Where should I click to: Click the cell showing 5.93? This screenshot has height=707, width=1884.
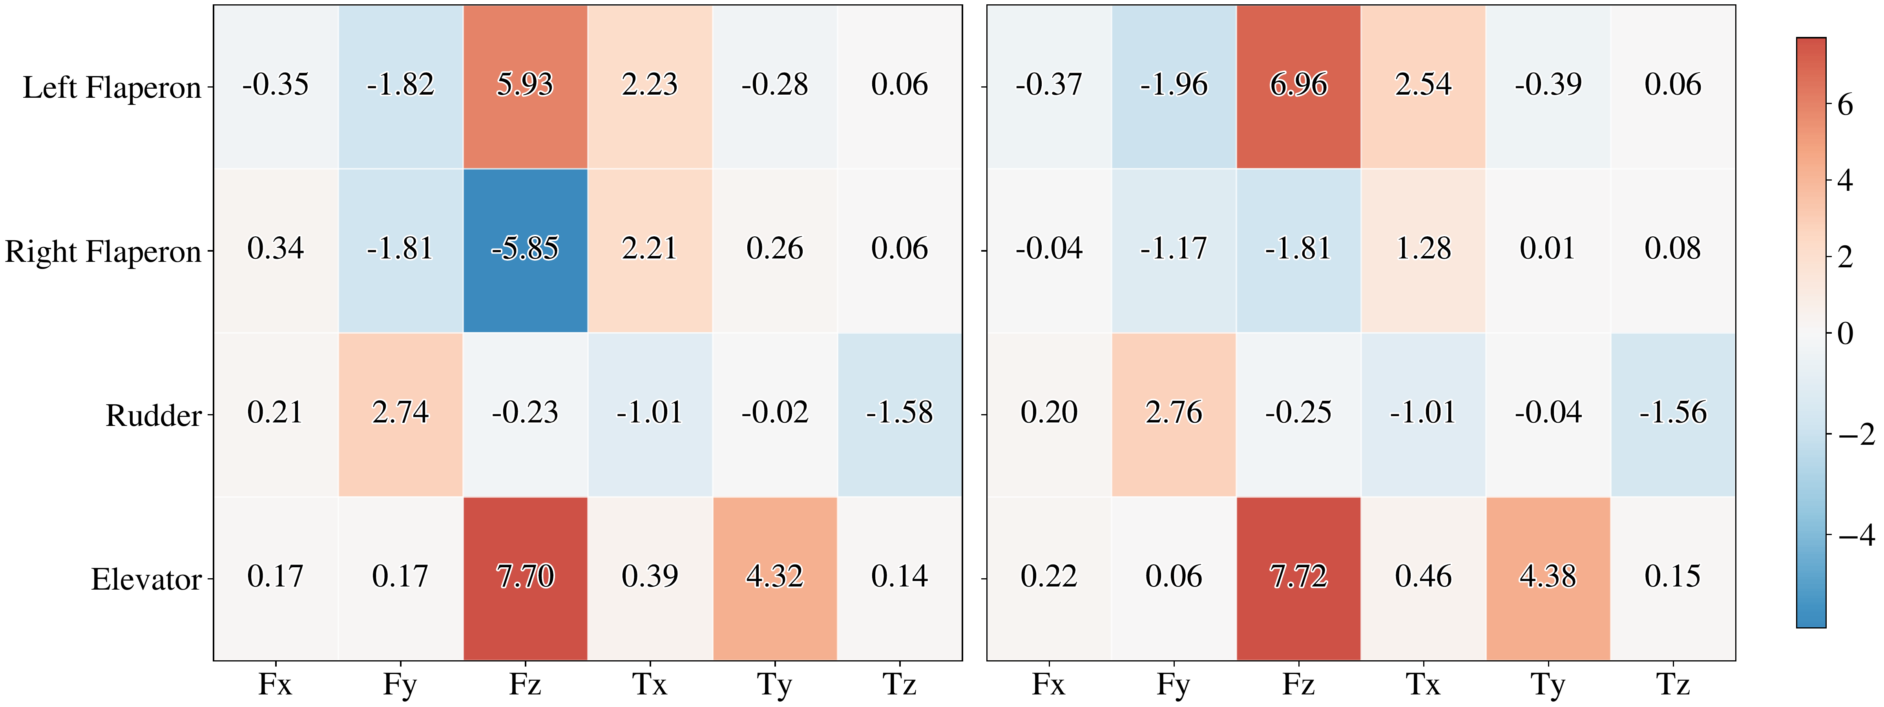pyautogui.click(x=525, y=86)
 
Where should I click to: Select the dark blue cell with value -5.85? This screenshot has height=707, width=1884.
pyautogui.click(x=525, y=250)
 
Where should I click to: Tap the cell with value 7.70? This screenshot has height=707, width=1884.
pyautogui.click(x=525, y=577)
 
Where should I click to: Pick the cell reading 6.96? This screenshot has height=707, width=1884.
pyautogui.click(x=1298, y=86)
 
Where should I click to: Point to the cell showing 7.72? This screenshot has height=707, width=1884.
pyautogui.click(x=1298, y=577)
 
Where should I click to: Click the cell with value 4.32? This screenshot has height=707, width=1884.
pyautogui.click(x=774, y=577)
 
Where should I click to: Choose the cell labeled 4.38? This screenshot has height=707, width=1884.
pyautogui.click(x=1548, y=577)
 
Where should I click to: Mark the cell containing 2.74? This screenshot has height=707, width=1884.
pyautogui.click(x=400, y=414)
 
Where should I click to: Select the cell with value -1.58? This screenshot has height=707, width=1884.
pyautogui.click(x=900, y=414)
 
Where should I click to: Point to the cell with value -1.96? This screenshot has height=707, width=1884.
pyautogui.click(x=1174, y=86)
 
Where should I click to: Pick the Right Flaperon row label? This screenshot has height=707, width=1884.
pyautogui.click(x=102, y=252)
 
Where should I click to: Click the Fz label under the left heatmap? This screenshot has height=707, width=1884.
pyautogui.click(x=525, y=684)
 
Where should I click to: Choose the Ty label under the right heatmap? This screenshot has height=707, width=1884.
pyautogui.click(x=1548, y=684)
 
